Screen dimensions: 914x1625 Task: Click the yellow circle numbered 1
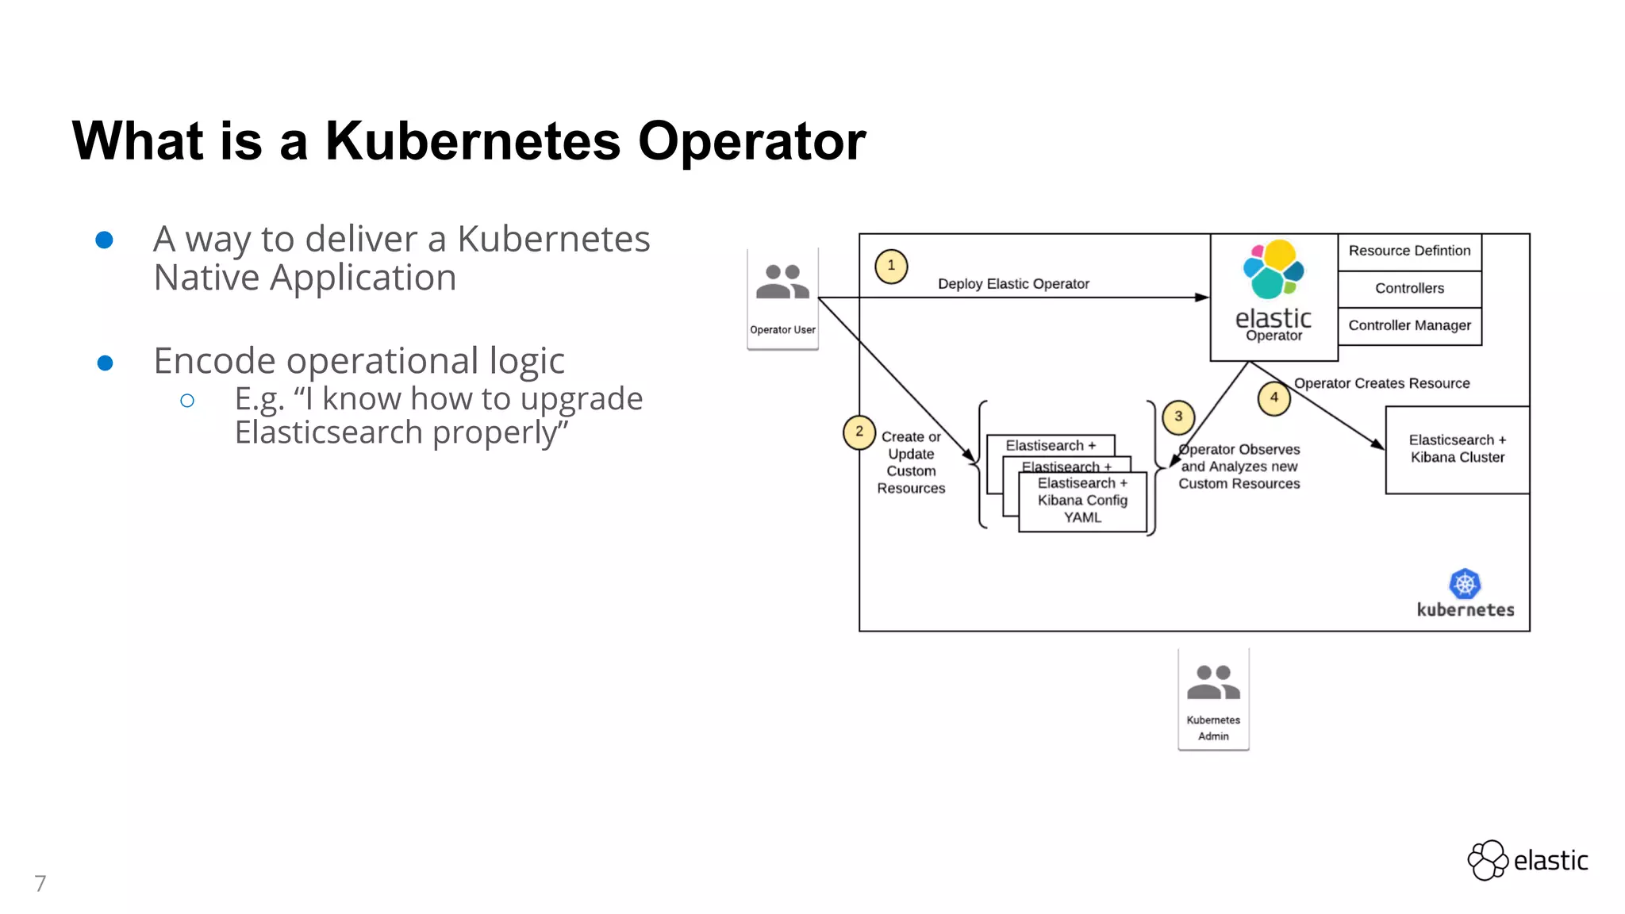tap(891, 266)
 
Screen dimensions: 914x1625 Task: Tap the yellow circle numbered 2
tap(859, 432)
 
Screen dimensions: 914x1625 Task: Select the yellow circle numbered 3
tap(1178, 417)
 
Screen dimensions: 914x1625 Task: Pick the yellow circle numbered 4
tap(1274, 397)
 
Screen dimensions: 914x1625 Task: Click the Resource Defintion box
tap(1409, 252)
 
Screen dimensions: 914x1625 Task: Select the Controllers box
tap(1409, 289)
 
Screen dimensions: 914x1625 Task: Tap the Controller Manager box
tap(1409, 326)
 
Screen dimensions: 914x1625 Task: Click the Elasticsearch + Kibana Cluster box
tap(1457, 449)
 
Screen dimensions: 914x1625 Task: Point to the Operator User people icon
tap(782, 282)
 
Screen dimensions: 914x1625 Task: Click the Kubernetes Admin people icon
tap(1213, 682)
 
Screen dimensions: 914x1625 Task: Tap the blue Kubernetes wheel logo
tap(1465, 585)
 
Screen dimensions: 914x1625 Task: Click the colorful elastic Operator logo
tap(1273, 270)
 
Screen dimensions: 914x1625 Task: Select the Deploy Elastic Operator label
tap(1013, 284)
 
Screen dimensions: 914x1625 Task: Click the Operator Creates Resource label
tap(1381, 384)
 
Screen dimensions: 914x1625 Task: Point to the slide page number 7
tap(40, 883)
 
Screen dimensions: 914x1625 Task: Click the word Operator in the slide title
tap(751, 141)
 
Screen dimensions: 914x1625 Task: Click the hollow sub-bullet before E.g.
tap(187, 401)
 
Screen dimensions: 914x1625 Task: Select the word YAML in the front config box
tap(1082, 518)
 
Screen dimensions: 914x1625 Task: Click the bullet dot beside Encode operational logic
tap(105, 363)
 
